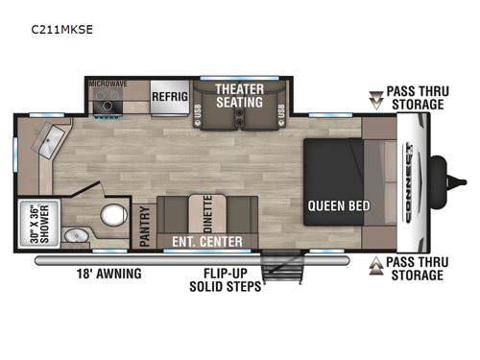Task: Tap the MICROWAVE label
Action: coord(108,84)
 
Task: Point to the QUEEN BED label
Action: coord(334,204)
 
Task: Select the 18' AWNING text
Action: coord(110,274)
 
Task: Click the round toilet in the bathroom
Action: coord(115,213)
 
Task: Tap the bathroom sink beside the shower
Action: coord(72,235)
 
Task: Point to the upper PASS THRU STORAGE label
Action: coord(415,98)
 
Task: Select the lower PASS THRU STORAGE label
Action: coord(415,269)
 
